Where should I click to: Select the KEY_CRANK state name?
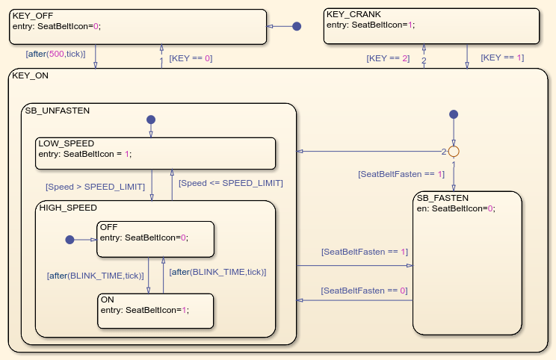pos(349,14)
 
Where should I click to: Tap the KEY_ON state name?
pos(29,75)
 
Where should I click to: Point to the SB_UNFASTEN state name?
pos(58,111)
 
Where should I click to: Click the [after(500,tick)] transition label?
pos(55,54)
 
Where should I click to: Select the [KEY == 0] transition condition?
pos(191,58)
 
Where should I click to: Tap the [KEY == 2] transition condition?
pos(388,58)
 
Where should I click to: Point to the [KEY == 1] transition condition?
pos(502,58)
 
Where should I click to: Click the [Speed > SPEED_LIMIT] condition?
pos(95,186)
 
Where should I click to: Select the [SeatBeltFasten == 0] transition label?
pos(365,291)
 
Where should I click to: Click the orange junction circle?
pos(453,152)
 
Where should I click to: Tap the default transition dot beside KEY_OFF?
pos(297,26)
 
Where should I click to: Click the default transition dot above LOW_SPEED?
pos(151,120)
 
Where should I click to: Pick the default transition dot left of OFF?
pos(69,240)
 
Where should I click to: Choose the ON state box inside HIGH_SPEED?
pos(155,311)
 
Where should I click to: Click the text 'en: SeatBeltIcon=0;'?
pos(456,208)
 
